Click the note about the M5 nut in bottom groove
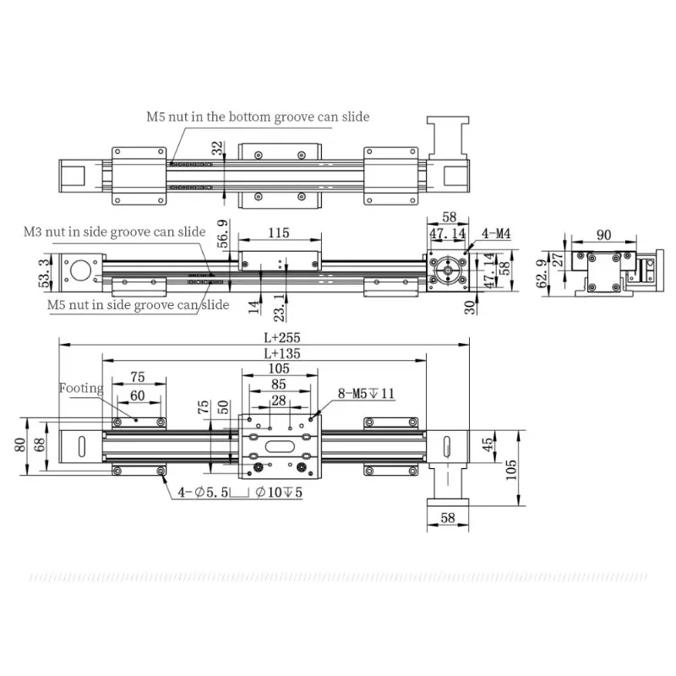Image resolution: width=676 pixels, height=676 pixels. [255, 117]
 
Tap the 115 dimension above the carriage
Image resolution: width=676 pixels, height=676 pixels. [278, 232]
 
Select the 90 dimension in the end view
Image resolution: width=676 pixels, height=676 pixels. [604, 234]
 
